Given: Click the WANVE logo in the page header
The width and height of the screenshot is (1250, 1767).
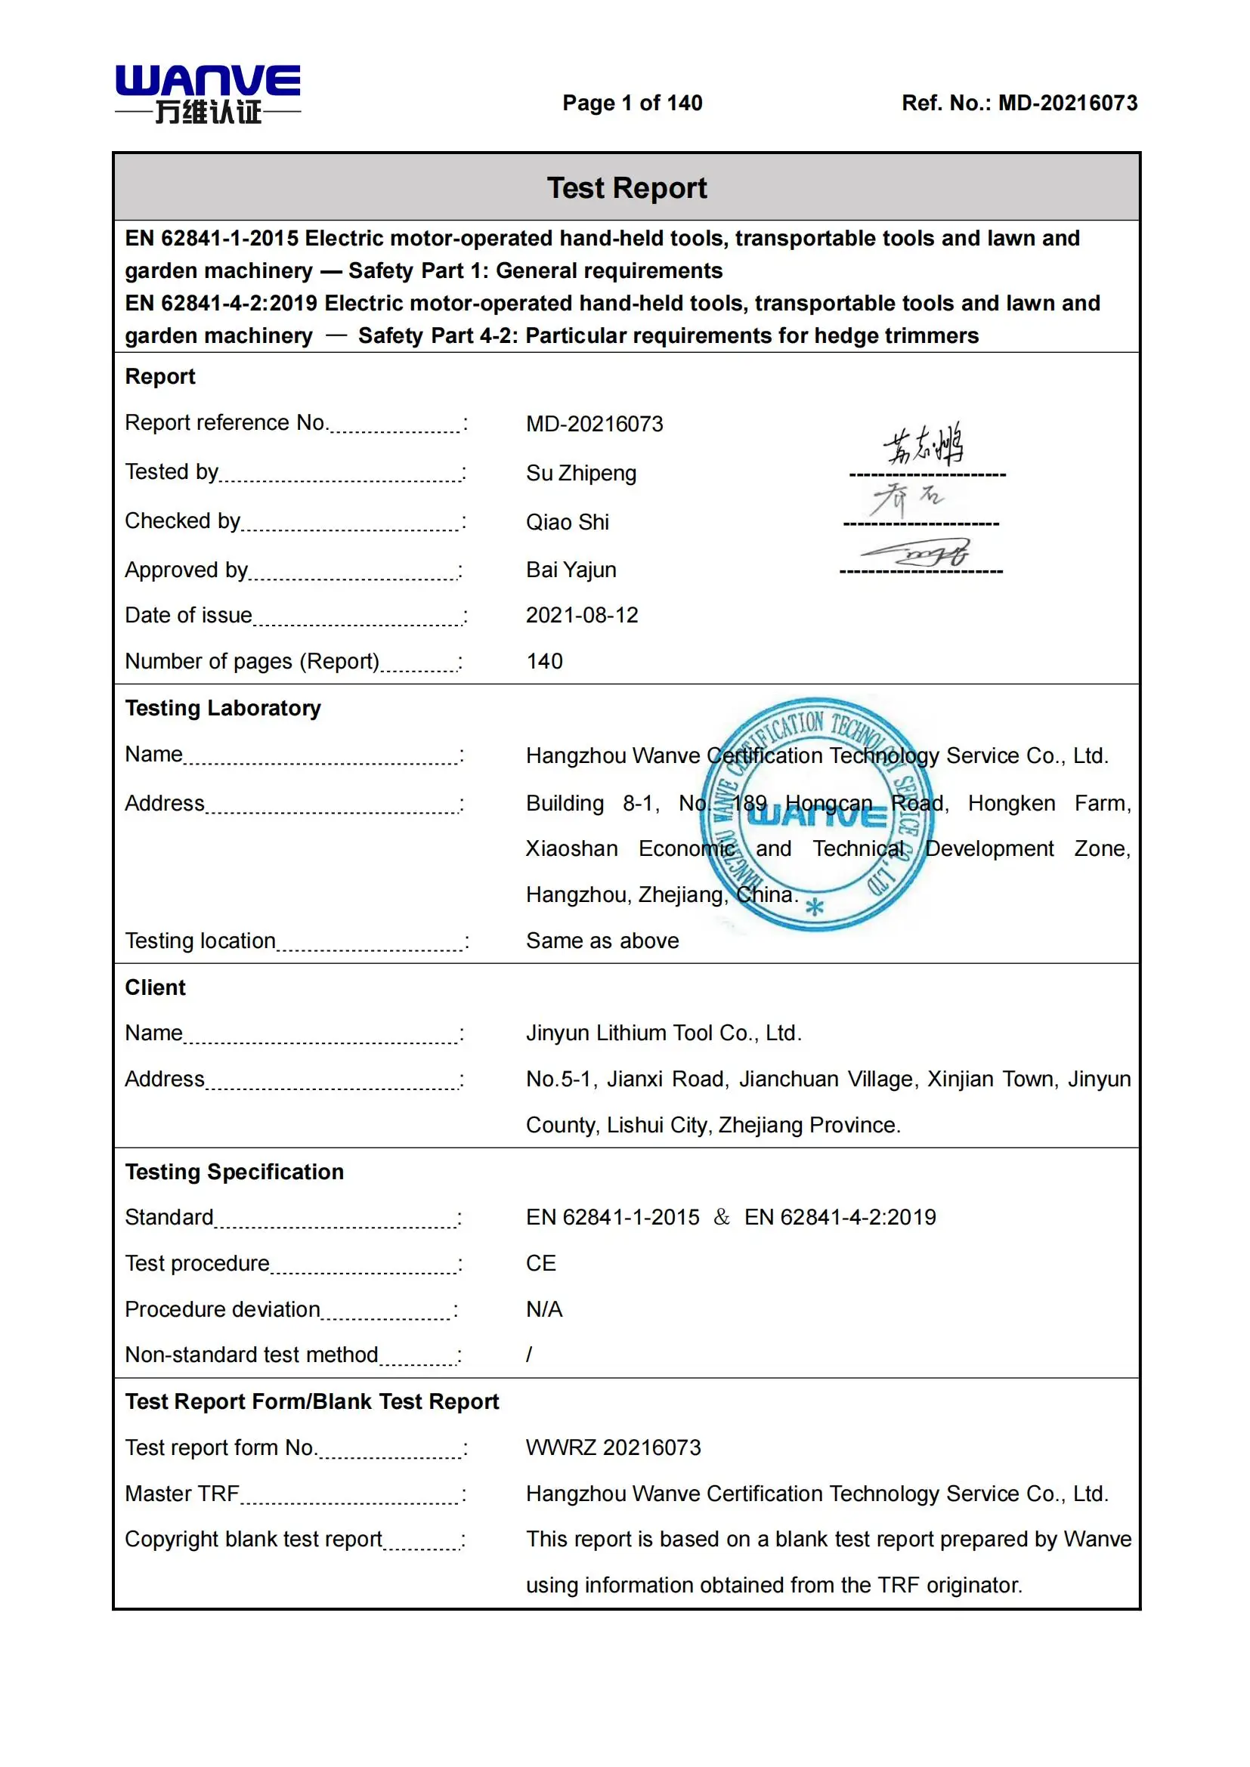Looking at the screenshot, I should click(208, 94).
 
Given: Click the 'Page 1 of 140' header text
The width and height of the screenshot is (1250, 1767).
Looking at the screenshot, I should click(632, 103).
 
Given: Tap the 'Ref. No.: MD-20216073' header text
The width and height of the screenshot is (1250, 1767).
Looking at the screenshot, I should click(1019, 103).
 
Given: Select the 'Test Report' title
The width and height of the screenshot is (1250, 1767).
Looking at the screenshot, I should click(627, 188).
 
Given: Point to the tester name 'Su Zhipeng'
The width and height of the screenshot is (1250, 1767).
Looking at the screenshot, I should click(581, 474).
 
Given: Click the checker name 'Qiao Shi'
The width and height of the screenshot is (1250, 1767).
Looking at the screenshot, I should click(568, 523).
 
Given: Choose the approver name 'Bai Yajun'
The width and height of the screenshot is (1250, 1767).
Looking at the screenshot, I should click(571, 570).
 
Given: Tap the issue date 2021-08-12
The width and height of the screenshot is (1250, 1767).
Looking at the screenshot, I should click(582, 616).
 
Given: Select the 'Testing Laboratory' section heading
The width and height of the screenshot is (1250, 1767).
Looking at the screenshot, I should click(222, 708).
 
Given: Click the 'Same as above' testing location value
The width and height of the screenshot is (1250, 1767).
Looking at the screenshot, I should click(602, 941).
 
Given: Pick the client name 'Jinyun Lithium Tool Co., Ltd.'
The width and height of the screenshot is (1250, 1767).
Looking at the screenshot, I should click(664, 1033).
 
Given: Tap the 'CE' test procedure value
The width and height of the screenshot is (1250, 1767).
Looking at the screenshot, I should click(541, 1264).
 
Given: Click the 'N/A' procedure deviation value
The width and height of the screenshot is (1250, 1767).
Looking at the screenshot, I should click(544, 1309).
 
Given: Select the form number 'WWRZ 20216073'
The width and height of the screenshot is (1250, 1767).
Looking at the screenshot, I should click(614, 1447).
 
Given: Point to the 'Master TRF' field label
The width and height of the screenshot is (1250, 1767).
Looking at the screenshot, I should click(182, 1494).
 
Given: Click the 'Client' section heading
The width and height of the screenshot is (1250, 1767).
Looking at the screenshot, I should click(156, 987).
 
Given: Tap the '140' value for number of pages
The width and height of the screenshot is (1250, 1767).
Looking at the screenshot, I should click(544, 661).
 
